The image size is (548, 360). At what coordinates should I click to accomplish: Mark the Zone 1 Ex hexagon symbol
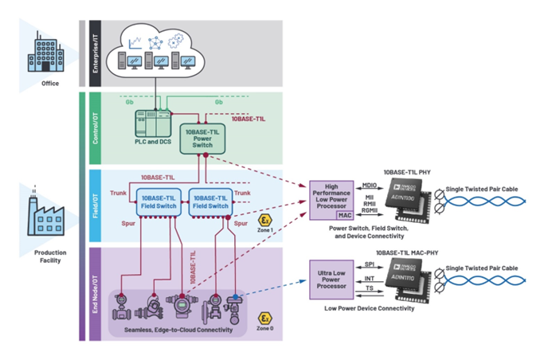click(266, 218)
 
